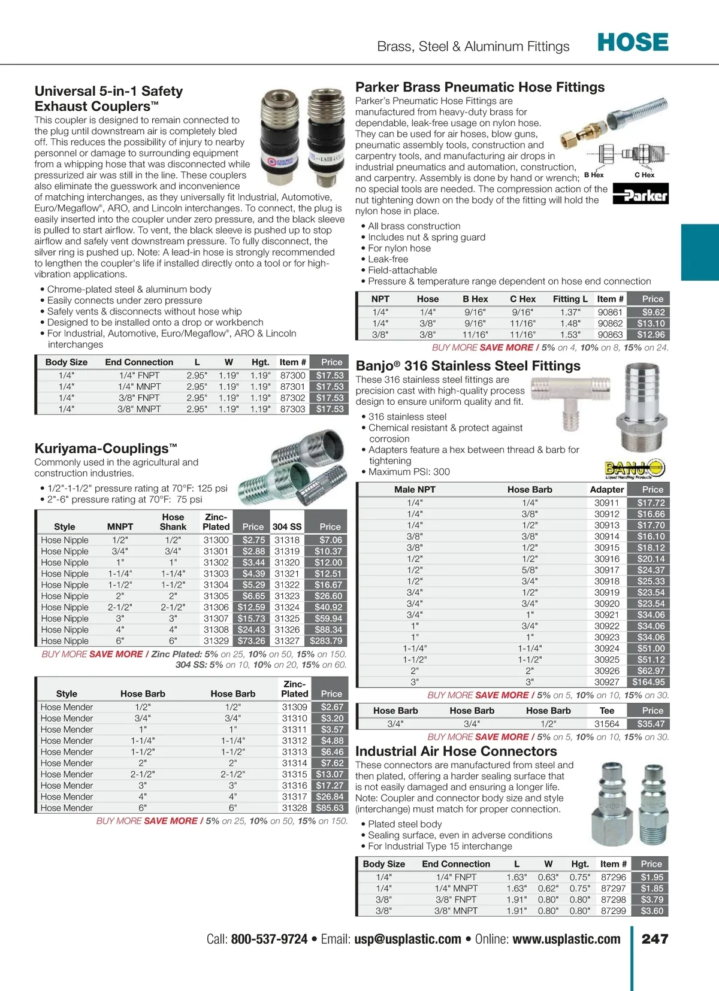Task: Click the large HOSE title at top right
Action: click(x=633, y=43)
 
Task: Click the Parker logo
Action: click(x=641, y=195)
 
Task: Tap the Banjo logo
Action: click(x=635, y=468)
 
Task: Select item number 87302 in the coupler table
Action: click(x=292, y=398)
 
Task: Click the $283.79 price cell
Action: click(x=326, y=641)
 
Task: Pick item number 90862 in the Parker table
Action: click(x=610, y=323)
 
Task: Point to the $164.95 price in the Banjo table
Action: click(x=648, y=682)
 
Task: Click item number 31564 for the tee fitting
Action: click(x=606, y=724)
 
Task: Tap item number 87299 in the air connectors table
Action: click(x=613, y=911)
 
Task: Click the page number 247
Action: click(x=655, y=939)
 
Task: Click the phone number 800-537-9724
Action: click(x=269, y=939)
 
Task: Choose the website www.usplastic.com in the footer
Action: click(x=566, y=939)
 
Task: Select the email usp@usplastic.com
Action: click(x=407, y=939)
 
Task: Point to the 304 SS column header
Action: click(x=287, y=527)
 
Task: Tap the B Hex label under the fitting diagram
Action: click(x=594, y=175)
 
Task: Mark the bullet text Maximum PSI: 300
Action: click(x=409, y=472)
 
